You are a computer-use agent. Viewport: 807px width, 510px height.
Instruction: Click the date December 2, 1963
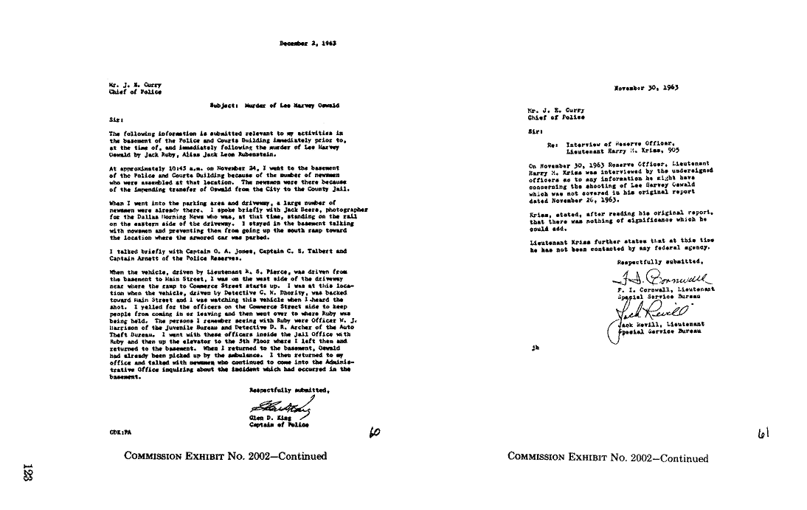point(308,44)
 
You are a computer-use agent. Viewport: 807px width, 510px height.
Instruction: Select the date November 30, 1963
point(646,87)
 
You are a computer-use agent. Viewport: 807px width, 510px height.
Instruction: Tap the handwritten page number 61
point(763,435)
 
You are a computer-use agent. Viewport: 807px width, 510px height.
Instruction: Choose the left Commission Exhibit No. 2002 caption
point(226,456)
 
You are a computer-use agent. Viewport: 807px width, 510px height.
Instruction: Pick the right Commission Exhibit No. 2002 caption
point(608,458)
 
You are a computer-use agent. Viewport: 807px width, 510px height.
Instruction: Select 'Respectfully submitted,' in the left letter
point(285,389)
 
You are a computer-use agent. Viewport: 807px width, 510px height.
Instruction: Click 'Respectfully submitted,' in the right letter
point(659,261)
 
